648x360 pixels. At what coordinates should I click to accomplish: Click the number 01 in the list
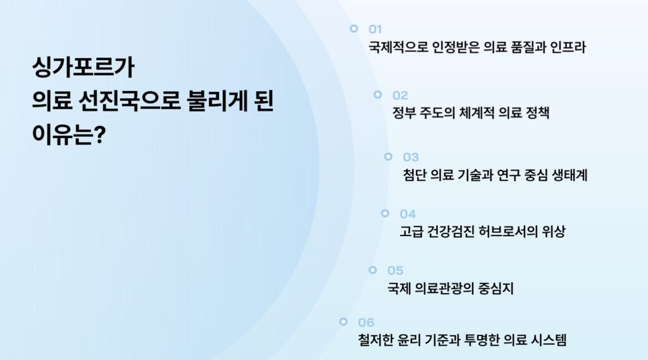click(375, 29)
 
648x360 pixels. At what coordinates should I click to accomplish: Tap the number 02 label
click(400, 96)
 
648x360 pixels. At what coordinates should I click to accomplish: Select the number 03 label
click(411, 157)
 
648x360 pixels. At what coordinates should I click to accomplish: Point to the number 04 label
click(408, 214)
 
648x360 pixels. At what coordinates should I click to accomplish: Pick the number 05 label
click(395, 271)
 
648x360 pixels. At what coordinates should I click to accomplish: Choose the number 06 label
click(366, 323)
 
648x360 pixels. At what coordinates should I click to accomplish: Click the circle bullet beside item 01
click(354, 28)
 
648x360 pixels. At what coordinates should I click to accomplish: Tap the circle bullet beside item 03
click(388, 157)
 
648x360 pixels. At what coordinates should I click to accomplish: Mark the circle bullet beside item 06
click(344, 321)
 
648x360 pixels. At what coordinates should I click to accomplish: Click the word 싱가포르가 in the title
click(84, 67)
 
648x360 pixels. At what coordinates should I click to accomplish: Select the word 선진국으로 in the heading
click(129, 101)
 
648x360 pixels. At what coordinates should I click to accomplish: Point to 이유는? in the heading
click(69, 134)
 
